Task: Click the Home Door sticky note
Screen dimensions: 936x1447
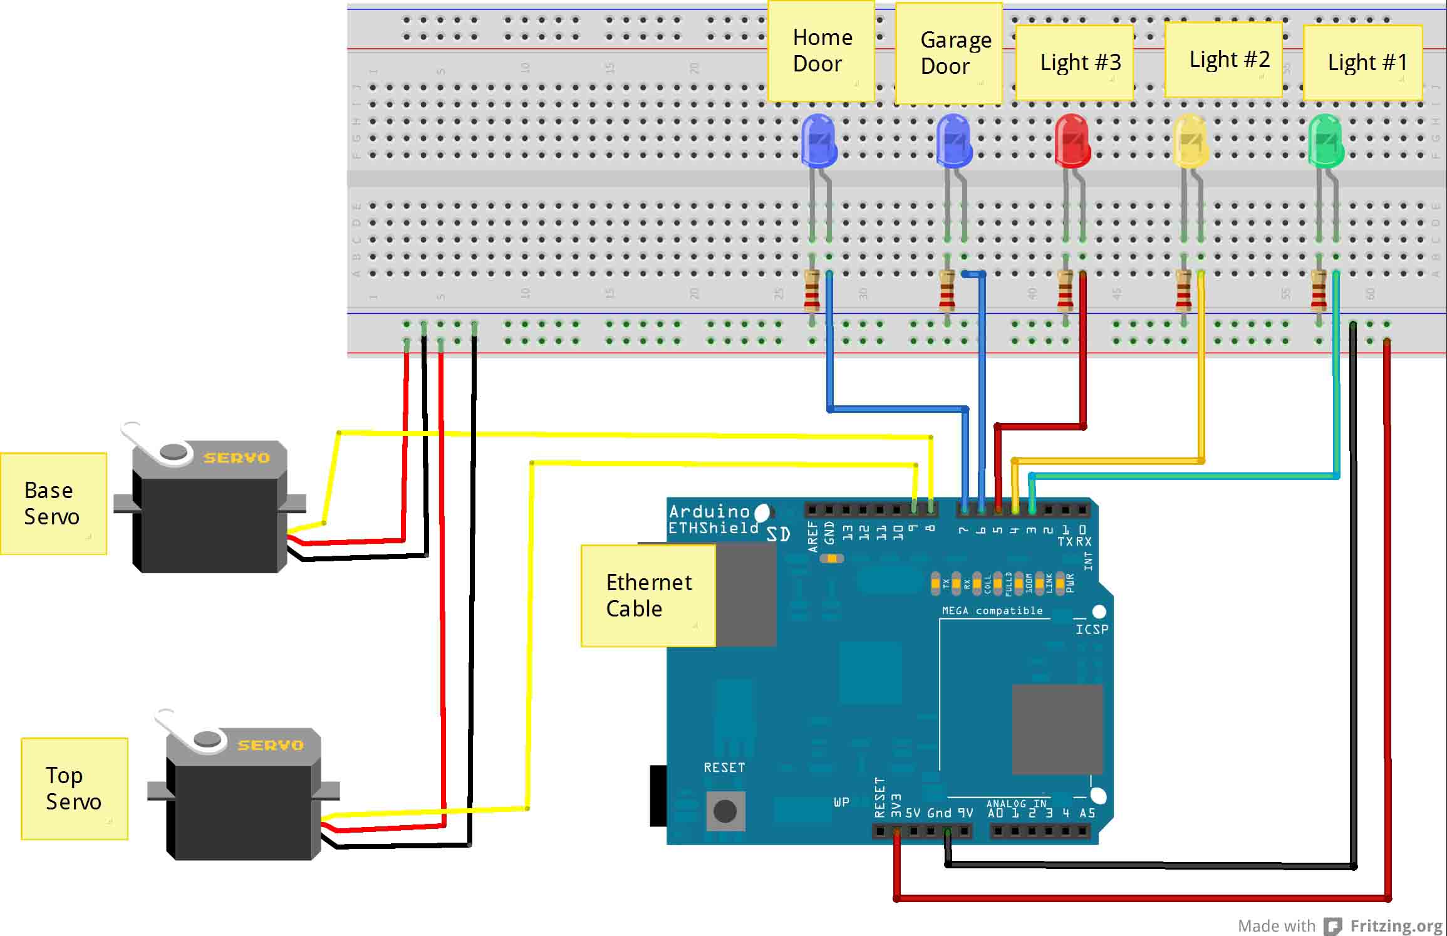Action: pyautogui.click(x=821, y=51)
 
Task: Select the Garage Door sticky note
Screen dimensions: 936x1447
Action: pyautogui.click(x=948, y=53)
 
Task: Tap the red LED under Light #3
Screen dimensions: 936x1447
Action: pyautogui.click(x=1072, y=140)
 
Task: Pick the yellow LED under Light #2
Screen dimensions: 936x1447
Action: pyautogui.click(x=1190, y=141)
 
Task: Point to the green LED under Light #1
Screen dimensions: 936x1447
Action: pyautogui.click(x=1325, y=141)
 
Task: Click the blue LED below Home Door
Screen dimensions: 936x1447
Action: pyautogui.click(x=819, y=141)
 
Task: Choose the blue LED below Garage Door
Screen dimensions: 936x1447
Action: pyautogui.click(x=953, y=141)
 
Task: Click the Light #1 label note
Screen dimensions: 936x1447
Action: pyautogui.click(x=1362, y=63)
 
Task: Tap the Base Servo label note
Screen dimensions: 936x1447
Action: pyautogui.click(x=53, y=504)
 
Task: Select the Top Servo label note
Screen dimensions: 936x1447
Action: pyautogui.click(x=74, y=789)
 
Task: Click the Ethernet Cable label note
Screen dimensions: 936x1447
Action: pyautogui.click(x=648, y=595)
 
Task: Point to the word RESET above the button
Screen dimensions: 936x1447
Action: pyautogui.click(x=724, y=767)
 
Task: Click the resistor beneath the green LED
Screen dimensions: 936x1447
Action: pyautogui.click(x=1319, y=291)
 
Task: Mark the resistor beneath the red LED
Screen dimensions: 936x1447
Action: pyautogui.click(x=1065, y=291)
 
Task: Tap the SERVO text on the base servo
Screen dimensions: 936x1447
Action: pyautogui.click(x=236, y=458)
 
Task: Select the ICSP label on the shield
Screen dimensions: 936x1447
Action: pyautogui.click(x=1091, y=629)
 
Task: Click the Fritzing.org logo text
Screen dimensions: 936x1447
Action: pyautogui.click(x=1396, y=925)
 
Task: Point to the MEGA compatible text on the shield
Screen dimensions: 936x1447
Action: pyautogui.click(x=992, y=611)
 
